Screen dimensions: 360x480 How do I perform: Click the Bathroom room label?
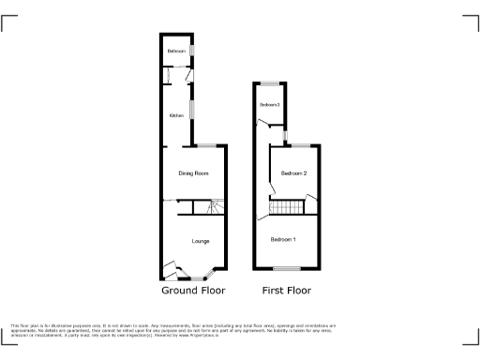point(176,51)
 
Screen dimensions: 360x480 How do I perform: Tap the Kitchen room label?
point(176,116)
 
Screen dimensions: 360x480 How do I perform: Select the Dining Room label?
point(194,173)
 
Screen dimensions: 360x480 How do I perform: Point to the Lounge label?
point(201,242)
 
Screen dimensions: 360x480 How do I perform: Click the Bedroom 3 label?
point(270,104)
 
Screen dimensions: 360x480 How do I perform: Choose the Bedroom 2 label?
point(294,173)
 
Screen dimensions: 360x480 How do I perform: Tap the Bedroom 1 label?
point(283,240)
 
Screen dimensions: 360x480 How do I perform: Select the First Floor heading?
point(287,290)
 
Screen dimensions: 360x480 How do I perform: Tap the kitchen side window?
point(192,110)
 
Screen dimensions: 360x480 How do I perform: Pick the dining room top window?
point(207,145)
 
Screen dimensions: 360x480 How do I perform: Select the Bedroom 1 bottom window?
point(278,270)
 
